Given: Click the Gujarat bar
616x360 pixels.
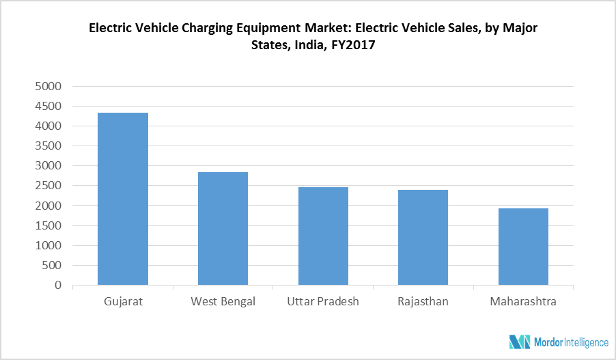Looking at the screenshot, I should pyautogui.click(x=123, y=199).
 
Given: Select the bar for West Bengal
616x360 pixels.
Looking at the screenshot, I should pyautogui.click(x=223, y=228).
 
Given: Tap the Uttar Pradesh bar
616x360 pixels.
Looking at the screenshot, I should pyautogui.click(x=323, y=236).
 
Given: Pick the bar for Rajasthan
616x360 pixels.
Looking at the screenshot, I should pyautogui.click(x=423, y=237).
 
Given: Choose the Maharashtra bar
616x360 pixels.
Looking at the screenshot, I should pyautogui.click(x=523, y=247).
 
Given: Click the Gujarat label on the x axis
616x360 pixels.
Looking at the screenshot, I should pyautogui.click(x=123, y=301).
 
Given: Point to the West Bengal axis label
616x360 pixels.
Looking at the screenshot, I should pyautogui.click(x=223, y=301).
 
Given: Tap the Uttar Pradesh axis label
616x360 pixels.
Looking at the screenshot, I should pyautogui.click(x=323, y=301).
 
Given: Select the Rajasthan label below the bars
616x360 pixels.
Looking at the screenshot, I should pyautogui.click(x=423, y=301).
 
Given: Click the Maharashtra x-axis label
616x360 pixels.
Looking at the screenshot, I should pyautogui.click(x=523, y=301).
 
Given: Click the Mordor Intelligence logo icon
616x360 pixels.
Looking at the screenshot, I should pyautogui.click(x=519, y=342).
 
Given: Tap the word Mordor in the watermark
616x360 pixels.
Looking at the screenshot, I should pyautogui.click(x=548, y=342).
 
